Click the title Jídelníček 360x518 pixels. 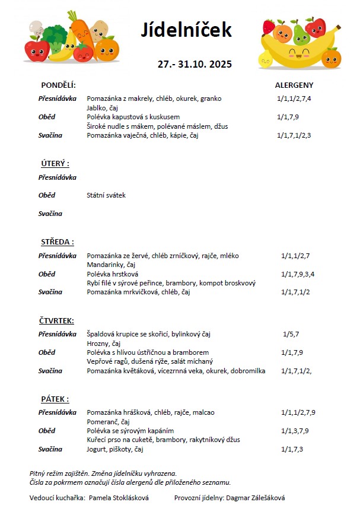(x=186, y=30)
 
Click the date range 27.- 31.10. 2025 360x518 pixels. (x=195, y=64)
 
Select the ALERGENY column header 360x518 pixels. (x=294, y=85)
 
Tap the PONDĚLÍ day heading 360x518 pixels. (x=58, y=85)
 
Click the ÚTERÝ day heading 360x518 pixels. (x=55, y=163)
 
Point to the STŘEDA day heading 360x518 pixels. (x=57, y=241)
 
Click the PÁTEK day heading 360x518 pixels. (x=55, y=399)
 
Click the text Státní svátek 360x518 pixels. (x=106, y=195)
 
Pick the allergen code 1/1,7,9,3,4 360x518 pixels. (x=298, y=274)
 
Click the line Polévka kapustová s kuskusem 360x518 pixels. (x=133, y=117)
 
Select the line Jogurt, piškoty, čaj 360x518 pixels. (x=115, y=449)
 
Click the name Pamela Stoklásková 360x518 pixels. (x=119, y=498)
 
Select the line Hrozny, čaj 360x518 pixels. (x=104, y=344)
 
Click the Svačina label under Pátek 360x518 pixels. (x=50, y=449)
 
